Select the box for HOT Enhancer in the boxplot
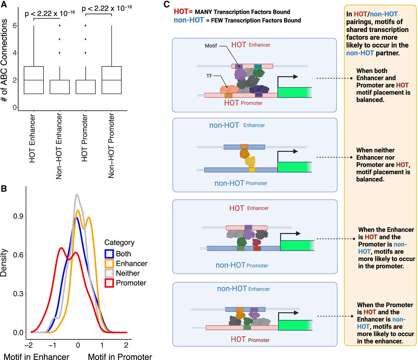pos(34,80)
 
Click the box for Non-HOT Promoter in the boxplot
pos(112,80)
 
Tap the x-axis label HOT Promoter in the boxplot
pos(85,138)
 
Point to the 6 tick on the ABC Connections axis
pos(15,25)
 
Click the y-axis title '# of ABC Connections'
pos(5,60)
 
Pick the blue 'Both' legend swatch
pos(109,254)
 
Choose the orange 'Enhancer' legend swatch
pos(109,264)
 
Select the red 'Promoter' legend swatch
pos(109,283)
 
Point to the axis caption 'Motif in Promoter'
pos(120,357)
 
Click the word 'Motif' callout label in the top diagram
pos(211,46)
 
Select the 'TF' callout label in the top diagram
pos(209,76)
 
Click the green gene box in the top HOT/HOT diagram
pos(294,92)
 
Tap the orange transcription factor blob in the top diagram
pos(229,90)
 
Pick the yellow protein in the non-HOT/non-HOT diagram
pos(250,162)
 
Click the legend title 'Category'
pos(119,242)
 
